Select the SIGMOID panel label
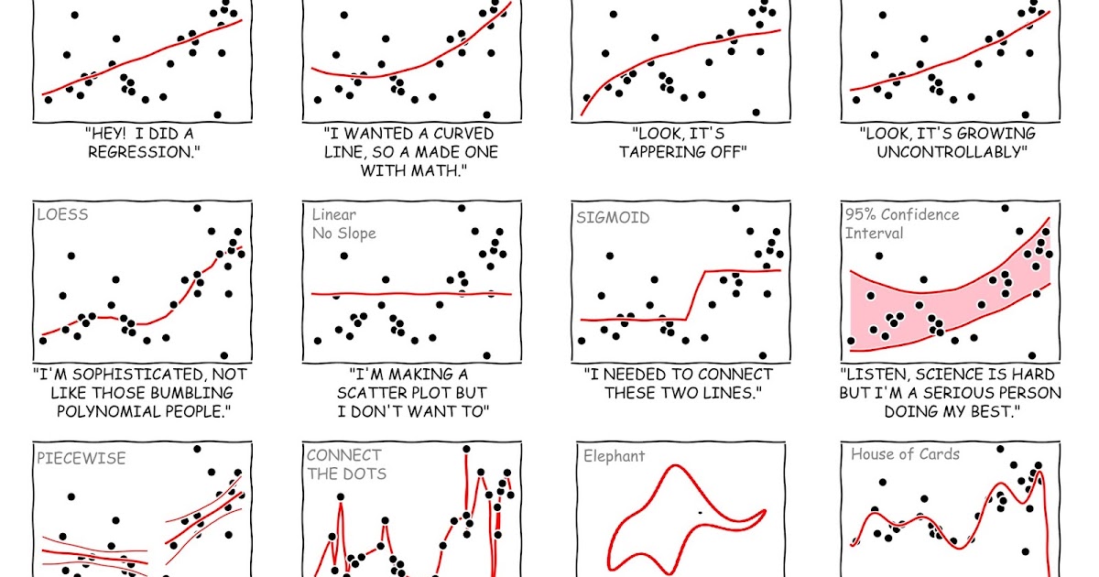coord(613,218)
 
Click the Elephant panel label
coord(614,456)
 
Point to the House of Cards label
coord(905,454)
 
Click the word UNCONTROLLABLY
coord(952,152)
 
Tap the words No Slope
coord(343,234)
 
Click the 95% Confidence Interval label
coord(901,223)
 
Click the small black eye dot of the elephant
coord(701,513)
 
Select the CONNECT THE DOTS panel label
coord(345,464)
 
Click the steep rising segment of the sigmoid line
coord(694,295)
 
